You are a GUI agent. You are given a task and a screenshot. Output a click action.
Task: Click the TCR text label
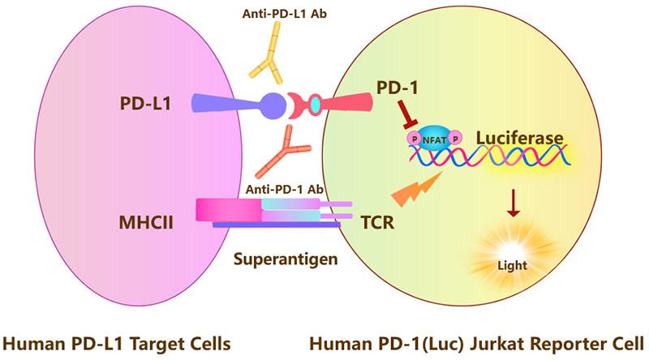(377, 220)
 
